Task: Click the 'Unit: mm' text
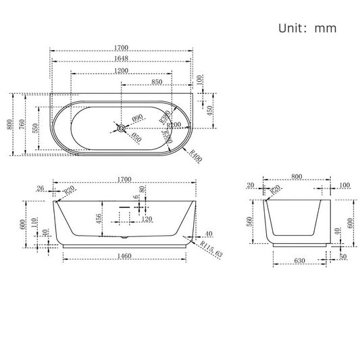pos(306,28)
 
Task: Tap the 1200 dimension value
pos(122,70)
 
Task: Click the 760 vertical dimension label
pos(23,124)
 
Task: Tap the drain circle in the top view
pos(121,126)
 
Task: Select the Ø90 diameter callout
pos(138,119)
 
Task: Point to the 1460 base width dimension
pos(123,257)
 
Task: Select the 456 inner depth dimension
pos(99,218)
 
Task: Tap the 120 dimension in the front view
pos(147,219)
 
